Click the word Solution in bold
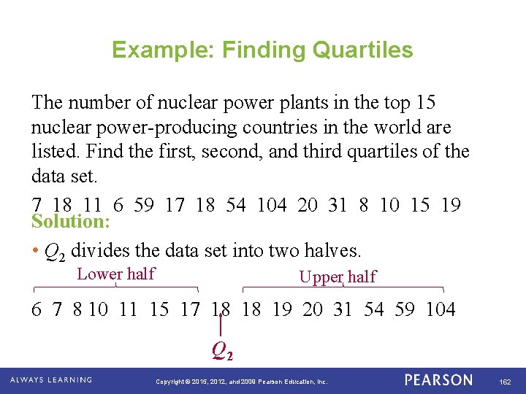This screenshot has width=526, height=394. point(70,221)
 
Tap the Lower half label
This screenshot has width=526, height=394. point(116,274)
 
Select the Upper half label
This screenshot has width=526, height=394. point(338,277)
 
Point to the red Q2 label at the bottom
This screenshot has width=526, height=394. point(222,352)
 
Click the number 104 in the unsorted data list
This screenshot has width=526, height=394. point(272,205)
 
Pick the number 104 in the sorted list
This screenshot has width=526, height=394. point(441,309)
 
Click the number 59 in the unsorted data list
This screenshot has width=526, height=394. point(143,205)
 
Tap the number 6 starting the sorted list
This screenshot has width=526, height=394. point(37,309)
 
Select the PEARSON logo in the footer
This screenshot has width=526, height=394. point(438,380)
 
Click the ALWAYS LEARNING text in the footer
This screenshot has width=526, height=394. point(51,380)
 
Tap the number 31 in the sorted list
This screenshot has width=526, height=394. point(342,309)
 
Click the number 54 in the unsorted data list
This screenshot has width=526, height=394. point(235,205)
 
